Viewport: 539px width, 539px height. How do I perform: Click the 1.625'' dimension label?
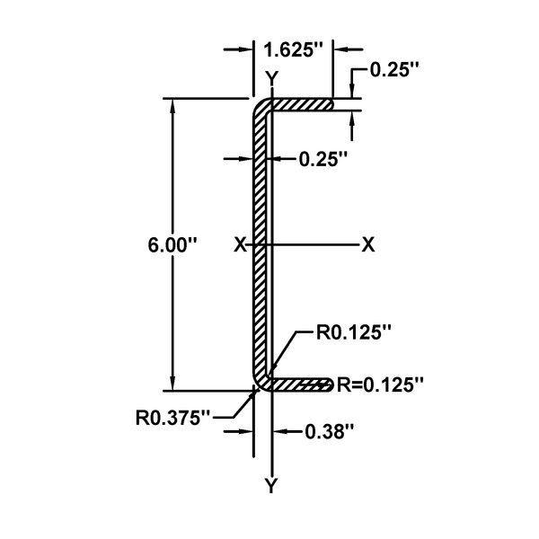click(x=294, y=50)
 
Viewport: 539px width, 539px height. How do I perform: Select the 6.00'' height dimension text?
click(x=167, y=243)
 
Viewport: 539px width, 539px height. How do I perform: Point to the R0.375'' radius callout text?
click(x=172, y=417)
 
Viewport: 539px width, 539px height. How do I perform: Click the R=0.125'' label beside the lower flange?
click(x=380, y=384)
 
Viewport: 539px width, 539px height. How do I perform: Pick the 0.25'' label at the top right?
click(x=396, y=72)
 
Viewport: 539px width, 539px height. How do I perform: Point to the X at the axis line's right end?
click(x=367, y=244)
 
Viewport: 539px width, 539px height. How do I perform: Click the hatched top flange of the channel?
click(x=301, y=105)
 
